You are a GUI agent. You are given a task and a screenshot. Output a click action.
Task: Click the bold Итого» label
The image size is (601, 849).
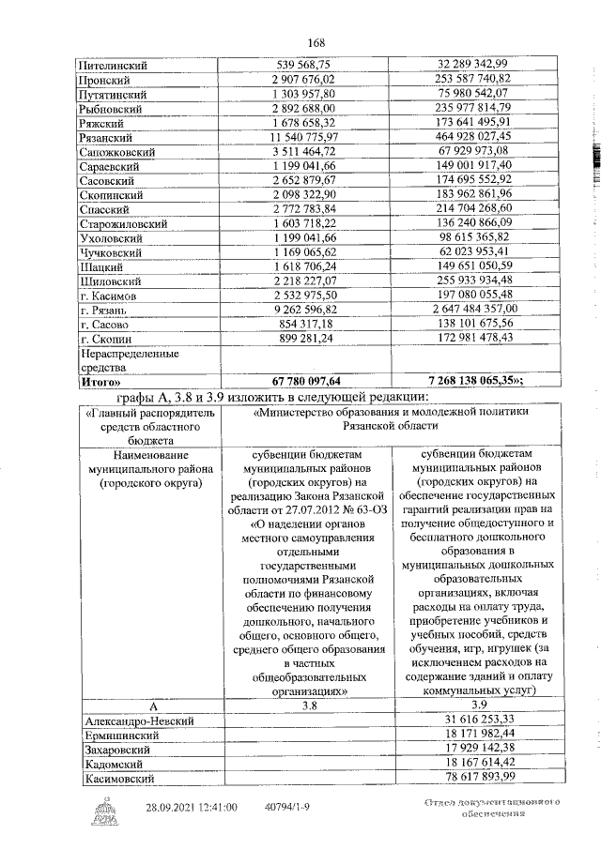click(x=102, y=383)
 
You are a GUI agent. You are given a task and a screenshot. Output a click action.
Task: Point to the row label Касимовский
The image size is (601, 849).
click(x=122, y=778)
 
